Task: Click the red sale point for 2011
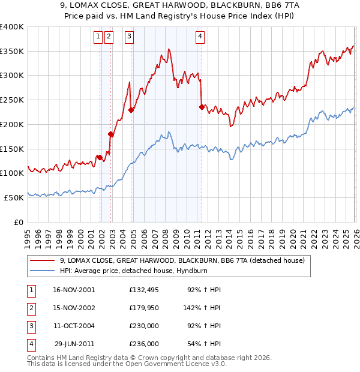tap(202, 107)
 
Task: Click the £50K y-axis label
tap(14, 197)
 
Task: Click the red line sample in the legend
tap(43, 260)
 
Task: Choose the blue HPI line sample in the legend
tap(43, 271)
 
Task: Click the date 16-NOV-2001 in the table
tap(74, 289)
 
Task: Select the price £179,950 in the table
tap(144, 307)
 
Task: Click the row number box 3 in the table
tap(30, 326)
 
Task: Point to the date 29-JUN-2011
tap(74, 344)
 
